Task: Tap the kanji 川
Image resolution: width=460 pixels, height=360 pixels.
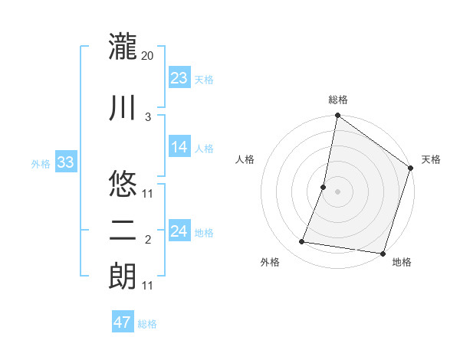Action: point(123,109)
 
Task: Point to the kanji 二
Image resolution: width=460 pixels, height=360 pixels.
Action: point(123,230)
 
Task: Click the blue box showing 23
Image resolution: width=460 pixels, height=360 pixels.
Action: point(179,77)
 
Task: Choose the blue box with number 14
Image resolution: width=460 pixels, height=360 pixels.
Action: point(179,147)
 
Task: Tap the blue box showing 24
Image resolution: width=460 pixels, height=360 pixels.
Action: point(179,231)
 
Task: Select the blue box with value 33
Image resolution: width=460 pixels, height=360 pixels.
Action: point(65,162)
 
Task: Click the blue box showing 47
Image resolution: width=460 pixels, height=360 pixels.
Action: point(123,322)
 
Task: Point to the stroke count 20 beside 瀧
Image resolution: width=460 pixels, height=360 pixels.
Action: point(148,56)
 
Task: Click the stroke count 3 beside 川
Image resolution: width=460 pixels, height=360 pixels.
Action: point(148,117)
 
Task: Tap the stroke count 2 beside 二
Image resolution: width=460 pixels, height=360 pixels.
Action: point(148,241)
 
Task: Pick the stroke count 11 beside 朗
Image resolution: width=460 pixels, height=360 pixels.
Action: point(148,286)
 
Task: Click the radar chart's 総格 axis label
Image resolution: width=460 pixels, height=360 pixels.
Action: point(338,100)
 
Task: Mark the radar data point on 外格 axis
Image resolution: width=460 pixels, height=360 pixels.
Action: point(302,242)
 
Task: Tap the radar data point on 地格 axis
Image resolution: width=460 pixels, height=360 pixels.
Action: point(382,253)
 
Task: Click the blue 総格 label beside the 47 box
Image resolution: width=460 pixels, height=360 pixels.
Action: point(147,324)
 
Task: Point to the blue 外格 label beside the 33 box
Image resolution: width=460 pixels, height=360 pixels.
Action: point(41,163)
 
